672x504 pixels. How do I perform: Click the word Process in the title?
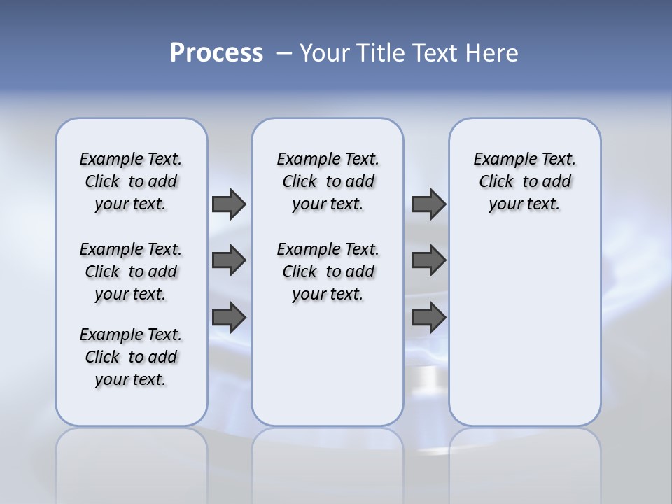(x=216, y=53)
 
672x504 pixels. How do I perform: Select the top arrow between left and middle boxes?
(x=229, y=204)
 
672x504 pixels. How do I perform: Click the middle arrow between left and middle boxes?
(x=229, y=260)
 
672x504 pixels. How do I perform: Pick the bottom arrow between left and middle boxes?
(x=229, y=318)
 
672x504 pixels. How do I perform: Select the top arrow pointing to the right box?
(x=428, y=204)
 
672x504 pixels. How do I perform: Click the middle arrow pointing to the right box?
(x=428, y=260)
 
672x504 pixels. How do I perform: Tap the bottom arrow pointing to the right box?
(x=428, y=318)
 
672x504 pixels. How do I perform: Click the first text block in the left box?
(x=131, y=181)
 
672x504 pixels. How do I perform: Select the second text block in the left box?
(x=131, y=272)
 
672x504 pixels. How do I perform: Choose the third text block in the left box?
(x=131, y=357)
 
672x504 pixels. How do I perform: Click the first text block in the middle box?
(x=328, y=181)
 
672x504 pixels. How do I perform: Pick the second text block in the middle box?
(x=328, y=272)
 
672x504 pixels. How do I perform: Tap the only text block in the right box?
(x=525, y=181)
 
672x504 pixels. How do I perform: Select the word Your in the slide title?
(x=325, y=53)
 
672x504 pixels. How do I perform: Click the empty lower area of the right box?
(x=525, y=329)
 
